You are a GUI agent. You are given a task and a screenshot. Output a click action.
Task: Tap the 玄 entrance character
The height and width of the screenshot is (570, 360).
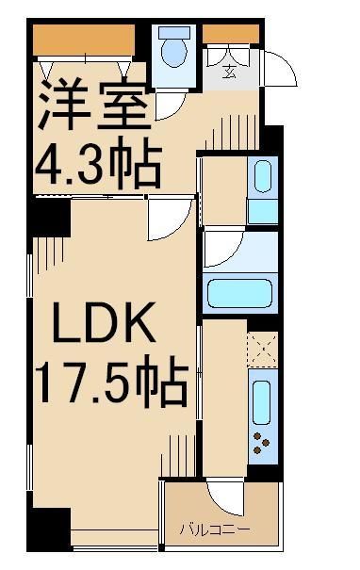click(229, 72)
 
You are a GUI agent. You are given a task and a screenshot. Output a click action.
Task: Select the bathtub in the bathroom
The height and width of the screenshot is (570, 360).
click(240, 295)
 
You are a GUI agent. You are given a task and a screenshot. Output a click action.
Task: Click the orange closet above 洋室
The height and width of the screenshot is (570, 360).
click(85, 39)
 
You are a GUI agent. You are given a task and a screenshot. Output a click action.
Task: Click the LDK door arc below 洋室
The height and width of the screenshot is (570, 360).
click(167, 220)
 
